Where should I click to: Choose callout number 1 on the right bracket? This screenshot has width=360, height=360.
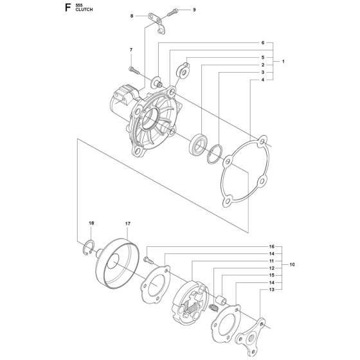(x=282, y=62)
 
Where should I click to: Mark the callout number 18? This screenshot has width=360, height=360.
(x=91, y=223)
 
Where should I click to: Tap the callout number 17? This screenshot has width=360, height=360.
(x=128, y=223)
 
